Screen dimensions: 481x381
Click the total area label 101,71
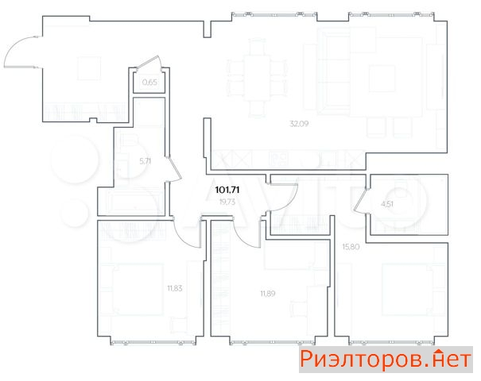pos(227,190)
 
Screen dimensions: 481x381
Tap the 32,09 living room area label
pos(299,124)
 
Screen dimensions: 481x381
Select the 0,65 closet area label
pos(149,82)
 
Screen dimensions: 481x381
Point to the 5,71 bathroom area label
pos(145,161)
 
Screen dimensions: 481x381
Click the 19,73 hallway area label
pos(227,202)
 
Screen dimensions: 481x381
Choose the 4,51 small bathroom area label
pos(387,204)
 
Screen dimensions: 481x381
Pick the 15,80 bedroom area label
pos(351,247)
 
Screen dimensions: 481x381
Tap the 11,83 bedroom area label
pos(175,288)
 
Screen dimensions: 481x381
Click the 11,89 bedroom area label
pos(268,294)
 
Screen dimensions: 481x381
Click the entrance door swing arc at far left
pos(12,46)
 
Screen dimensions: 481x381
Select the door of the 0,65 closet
pos(148,63)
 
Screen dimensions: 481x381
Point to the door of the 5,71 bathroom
pos(174,170)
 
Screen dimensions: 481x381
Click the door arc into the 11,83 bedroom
pos(184,238)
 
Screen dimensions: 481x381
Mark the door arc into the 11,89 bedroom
pos(243,238)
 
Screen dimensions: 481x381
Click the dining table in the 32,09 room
pos(257,78)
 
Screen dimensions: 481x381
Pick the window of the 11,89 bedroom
pos(273,342)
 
